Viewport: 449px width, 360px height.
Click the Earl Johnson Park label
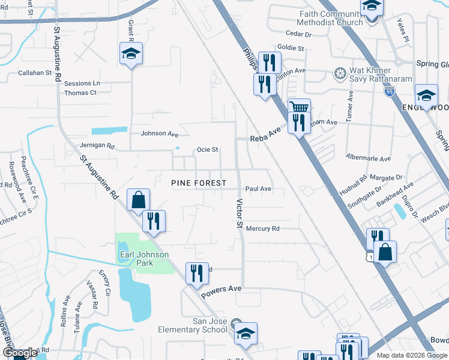pos(144,254)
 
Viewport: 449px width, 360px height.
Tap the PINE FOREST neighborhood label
pos(199,183)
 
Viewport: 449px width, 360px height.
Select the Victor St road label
pos(238,214)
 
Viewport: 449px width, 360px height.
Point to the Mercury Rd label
pos(263,229)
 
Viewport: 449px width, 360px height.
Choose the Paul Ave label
pos(258,189)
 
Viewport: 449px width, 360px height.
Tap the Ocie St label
pos(207,149)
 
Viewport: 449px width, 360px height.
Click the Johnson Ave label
pos(160,134)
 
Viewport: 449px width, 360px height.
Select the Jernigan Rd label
pos(96,145)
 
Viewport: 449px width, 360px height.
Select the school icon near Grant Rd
pos(131,54)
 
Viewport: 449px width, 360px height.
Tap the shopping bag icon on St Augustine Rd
pos(139,200)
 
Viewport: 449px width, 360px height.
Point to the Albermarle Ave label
pos(368,158)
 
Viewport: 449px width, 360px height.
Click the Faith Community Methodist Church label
pos(333,18)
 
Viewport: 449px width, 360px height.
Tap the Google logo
pos(19,353)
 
